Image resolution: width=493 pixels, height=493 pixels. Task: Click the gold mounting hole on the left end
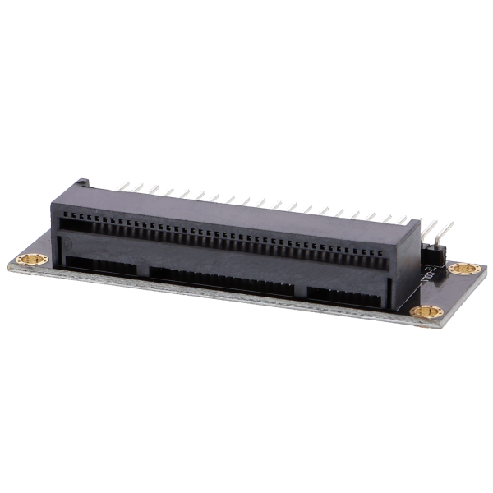(32, 259)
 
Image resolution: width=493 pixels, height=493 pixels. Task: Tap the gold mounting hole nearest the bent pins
(464, 269)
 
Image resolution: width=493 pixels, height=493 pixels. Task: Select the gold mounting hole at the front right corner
(427, 312)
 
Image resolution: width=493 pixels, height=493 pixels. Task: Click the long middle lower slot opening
(222, 281)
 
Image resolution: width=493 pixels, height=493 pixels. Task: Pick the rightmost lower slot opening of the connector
(343, 297)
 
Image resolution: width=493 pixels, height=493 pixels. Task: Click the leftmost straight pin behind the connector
(124, 187)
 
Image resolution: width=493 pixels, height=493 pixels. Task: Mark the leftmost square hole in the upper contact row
(64, 221)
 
